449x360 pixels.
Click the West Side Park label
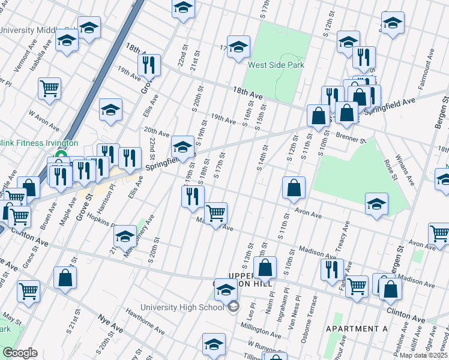click(x=276, y=65)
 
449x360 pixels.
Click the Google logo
click(x=20, y=352)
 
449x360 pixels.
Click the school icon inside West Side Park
click(x=238, y=47)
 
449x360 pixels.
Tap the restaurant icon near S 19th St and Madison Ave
click(x=193, y=196)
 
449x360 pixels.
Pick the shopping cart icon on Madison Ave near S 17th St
click(x=215, y=213)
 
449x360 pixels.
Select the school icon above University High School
click(x=226, y=290)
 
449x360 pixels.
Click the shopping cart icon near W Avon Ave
click(x=49, y=89)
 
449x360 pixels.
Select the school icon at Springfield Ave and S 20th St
click(x=182, y=146)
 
